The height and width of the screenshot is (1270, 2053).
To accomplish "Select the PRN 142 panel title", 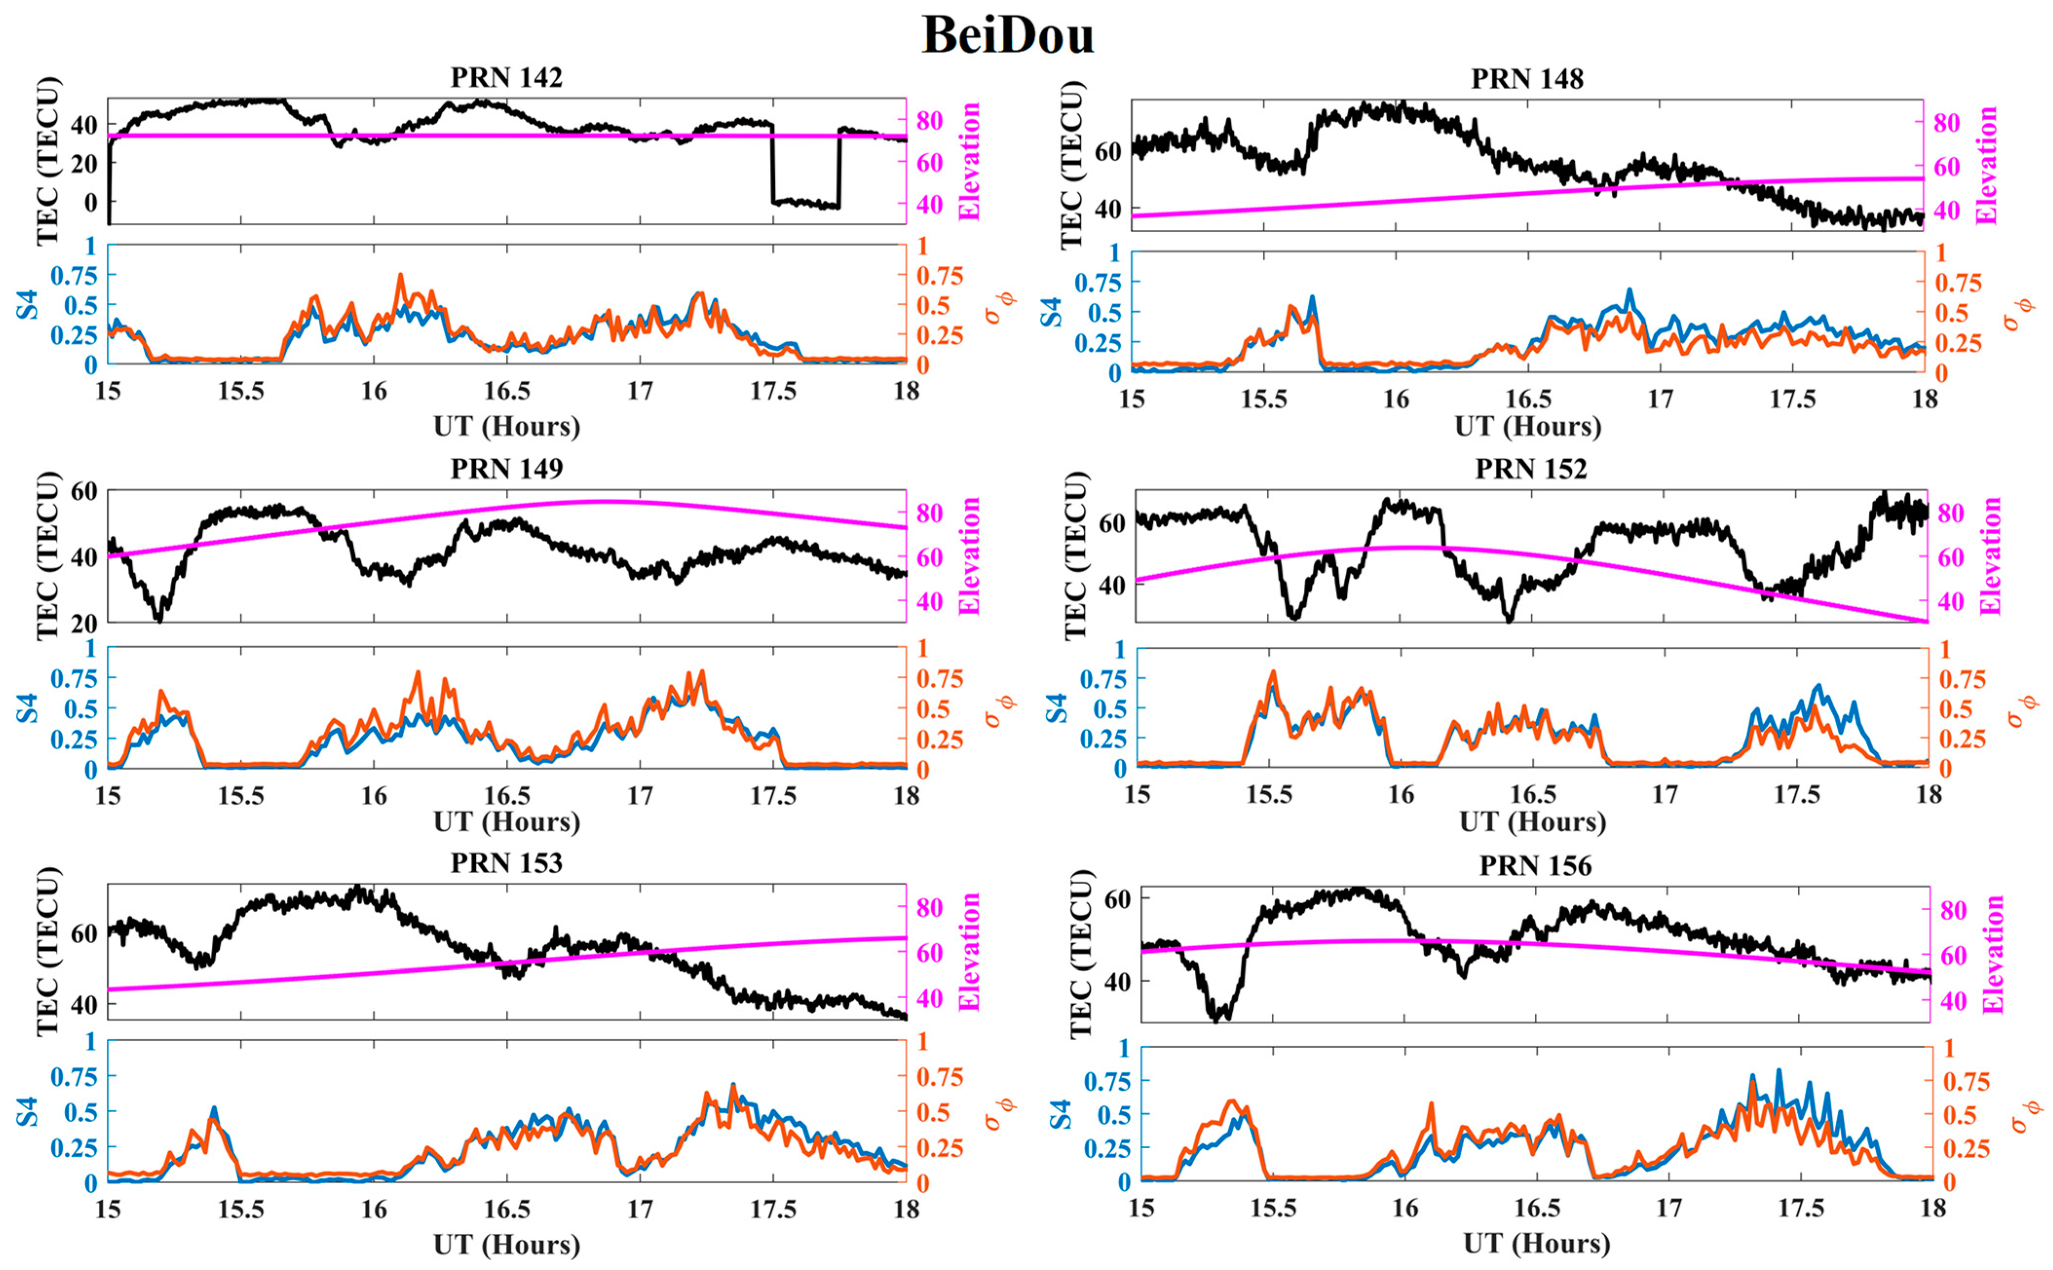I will [x=507, y=77].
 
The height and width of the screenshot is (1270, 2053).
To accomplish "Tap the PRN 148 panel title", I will [x=1527, y=79].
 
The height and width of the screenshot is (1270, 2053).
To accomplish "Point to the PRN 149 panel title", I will [x=507, y=468].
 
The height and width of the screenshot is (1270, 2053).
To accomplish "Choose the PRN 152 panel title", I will [x=1531, y=468].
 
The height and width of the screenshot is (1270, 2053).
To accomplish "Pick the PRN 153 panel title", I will [x=507, y=862].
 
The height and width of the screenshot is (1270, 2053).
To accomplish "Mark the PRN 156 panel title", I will [x=1536, y=865].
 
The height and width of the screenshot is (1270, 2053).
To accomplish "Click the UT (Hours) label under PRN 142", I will [x=507, y=427].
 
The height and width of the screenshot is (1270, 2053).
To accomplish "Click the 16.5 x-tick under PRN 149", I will [x=507, y=795].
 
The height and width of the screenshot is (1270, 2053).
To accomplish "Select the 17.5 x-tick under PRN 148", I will [x=1792, y=399].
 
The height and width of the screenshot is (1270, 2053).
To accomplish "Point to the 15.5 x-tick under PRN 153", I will [x=241, y=1210].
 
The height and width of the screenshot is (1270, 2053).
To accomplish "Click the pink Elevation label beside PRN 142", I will [x=970, y=161].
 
